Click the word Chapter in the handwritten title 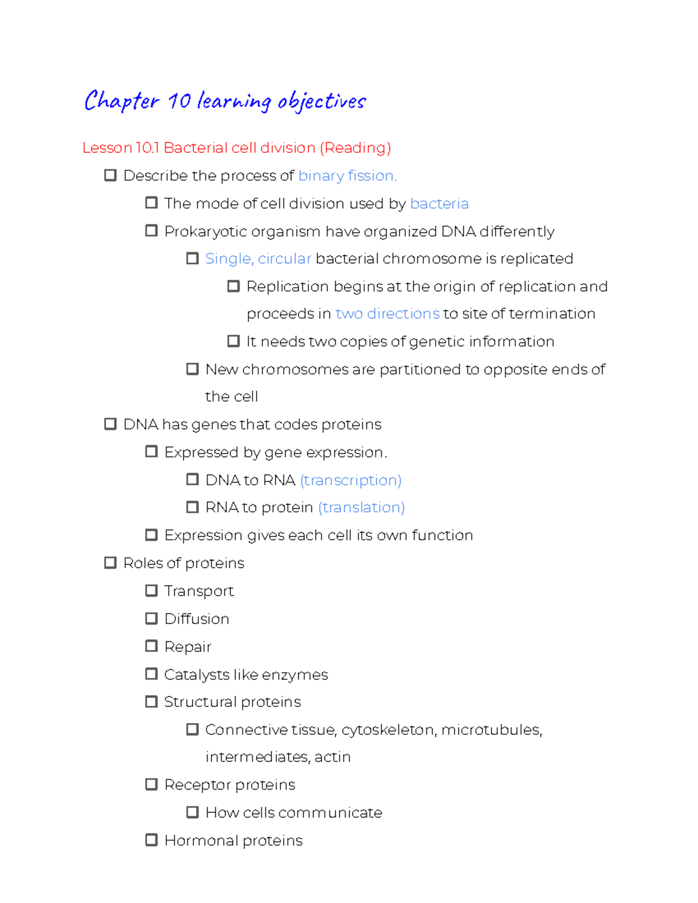pos(122,101)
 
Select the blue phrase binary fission pos(347,176)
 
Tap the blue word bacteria pos(439,204)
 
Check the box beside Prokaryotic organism pos(151,231)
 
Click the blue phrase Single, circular pos(258,259)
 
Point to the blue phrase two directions pos(387,314)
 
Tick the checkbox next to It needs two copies pos(233,341)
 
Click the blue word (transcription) pos(351,480)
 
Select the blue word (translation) pos(361,508)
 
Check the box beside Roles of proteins pos(110,563)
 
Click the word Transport pos(199,591)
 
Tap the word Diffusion pos(197,619)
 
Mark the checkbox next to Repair pos(151,646)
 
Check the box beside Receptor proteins pos(151,784)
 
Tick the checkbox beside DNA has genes pos(110,424)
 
